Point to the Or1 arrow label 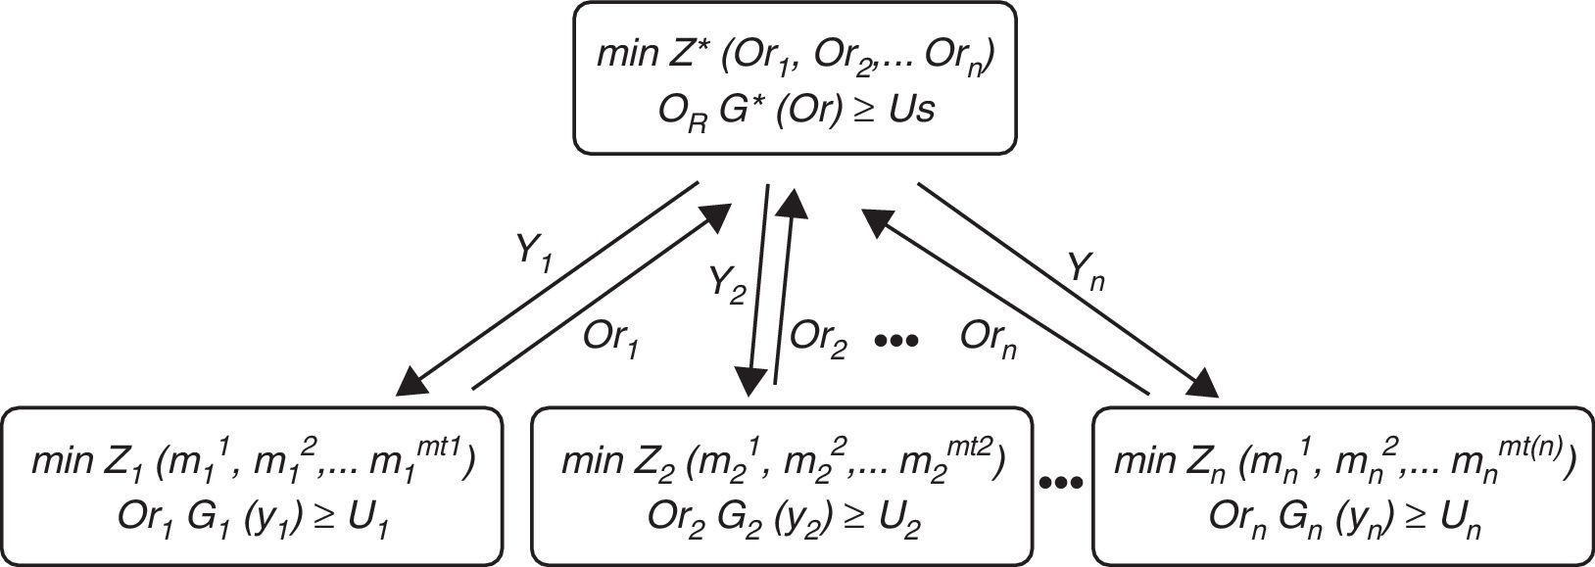coord(612,339)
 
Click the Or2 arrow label coord(818,339)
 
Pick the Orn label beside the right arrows coord(988,339)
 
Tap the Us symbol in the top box coord(911,110)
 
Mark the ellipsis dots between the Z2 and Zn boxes coord(1062,482)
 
